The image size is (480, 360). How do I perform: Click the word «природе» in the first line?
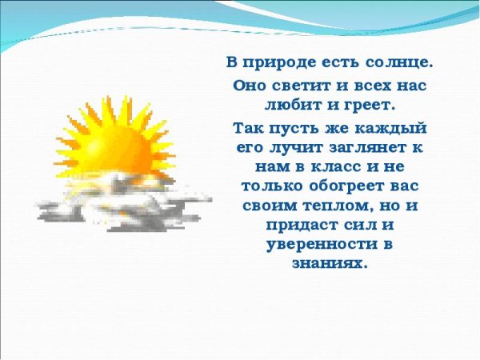point(281,62)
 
